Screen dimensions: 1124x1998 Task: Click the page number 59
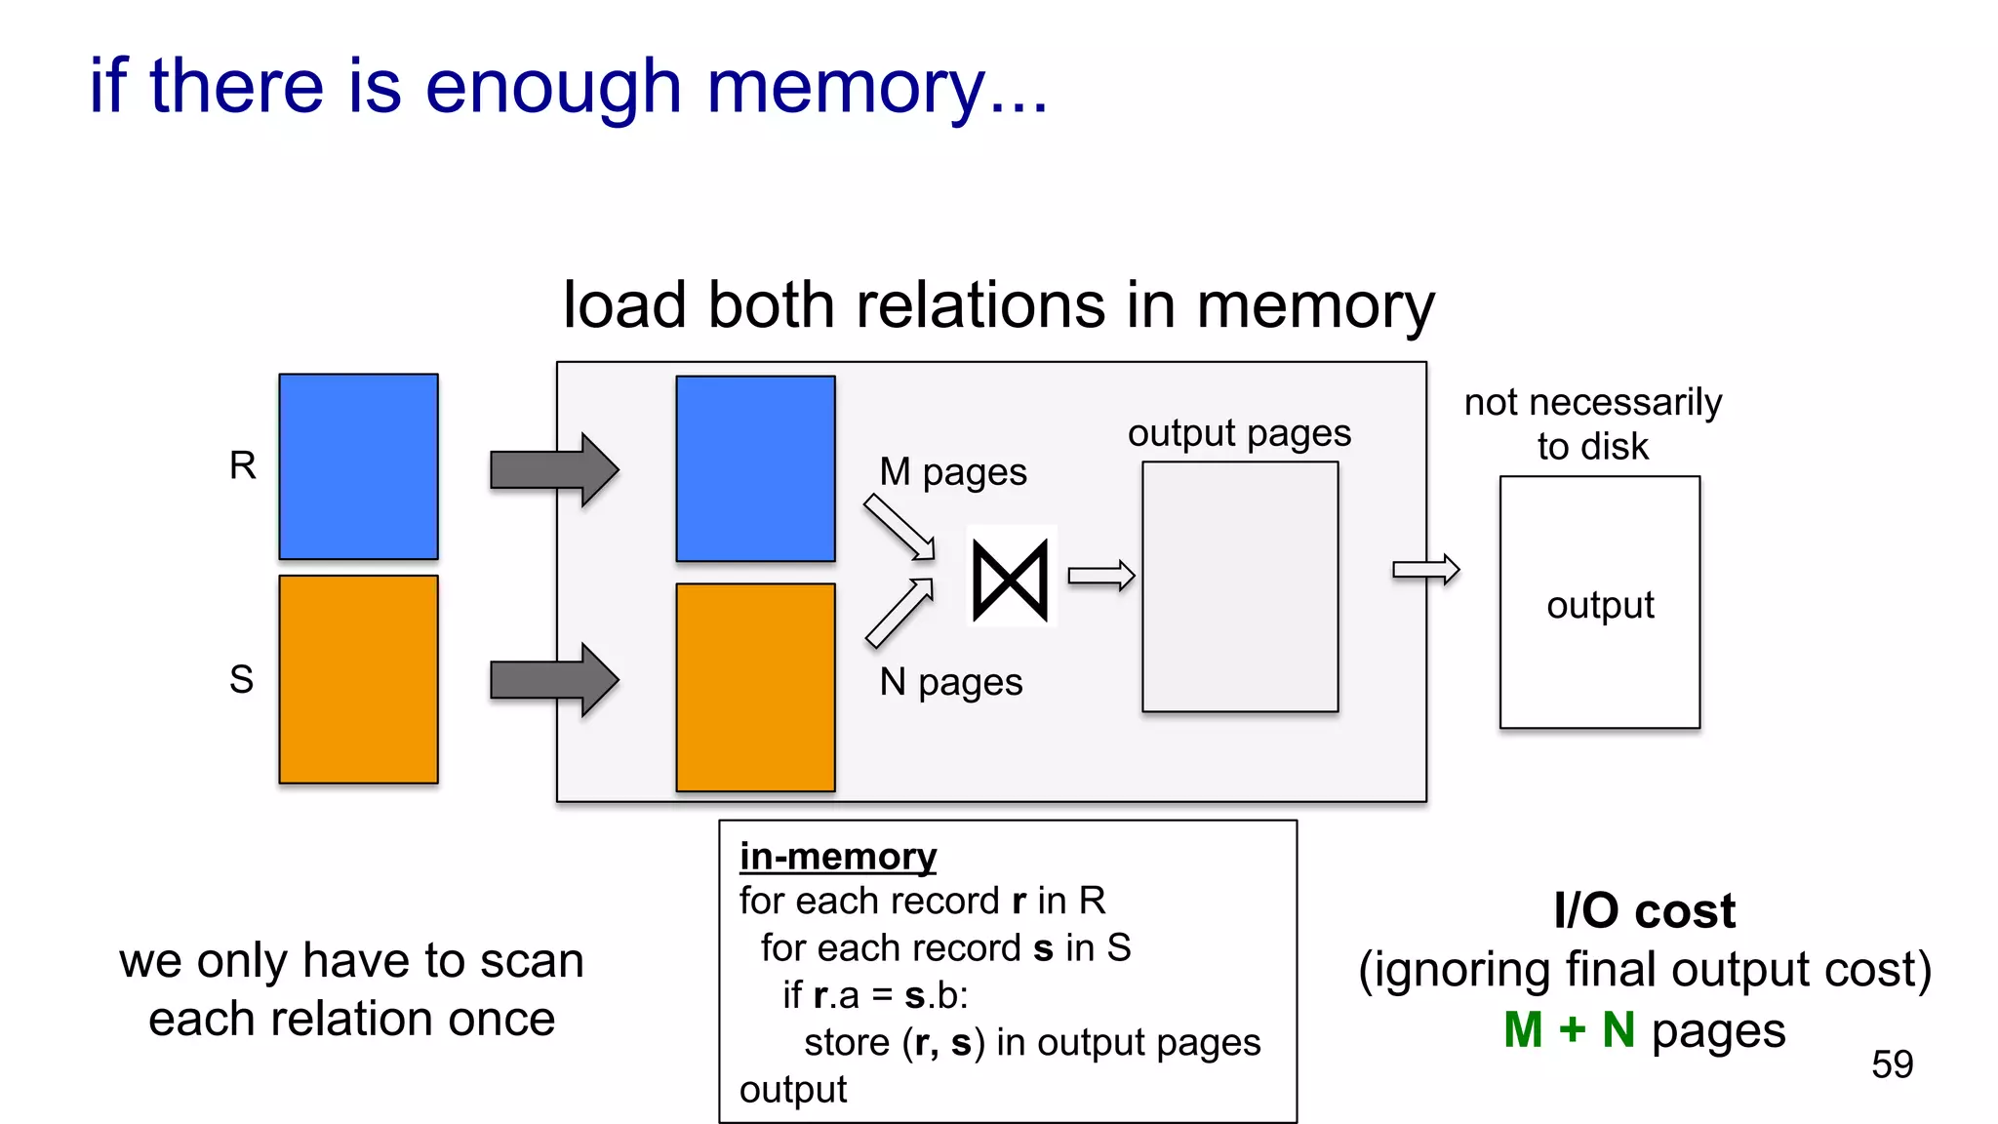pos(1892,1064)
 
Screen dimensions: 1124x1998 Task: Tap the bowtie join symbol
pos(1011,581)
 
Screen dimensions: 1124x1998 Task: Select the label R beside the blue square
pos(243,465)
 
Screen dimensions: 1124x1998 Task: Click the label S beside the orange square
pos(241,679)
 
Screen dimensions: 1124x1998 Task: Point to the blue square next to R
pos(358,466)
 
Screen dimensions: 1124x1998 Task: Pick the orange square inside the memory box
pos(755,687)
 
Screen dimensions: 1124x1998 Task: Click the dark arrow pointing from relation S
pos(553,680)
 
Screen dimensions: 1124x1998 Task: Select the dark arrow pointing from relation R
pos(553,469)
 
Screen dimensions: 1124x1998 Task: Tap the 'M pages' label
pos(952,472)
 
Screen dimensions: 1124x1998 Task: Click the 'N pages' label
pos(950,682)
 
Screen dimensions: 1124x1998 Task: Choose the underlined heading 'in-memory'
pos(837,857)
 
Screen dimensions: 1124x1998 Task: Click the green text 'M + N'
pos(1569,1030)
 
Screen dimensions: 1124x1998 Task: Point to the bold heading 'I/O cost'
pos(1644,910)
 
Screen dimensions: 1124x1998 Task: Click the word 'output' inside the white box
pos(1600,606)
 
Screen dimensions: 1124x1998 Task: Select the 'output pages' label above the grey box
pos(1239,433)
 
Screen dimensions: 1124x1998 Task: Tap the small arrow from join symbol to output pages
pos(1100,576)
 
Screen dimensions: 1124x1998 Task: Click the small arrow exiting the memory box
pos(1425,570)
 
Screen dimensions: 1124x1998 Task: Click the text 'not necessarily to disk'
pos(1593,423)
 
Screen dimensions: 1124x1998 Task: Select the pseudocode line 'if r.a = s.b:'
pos(874,995)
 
